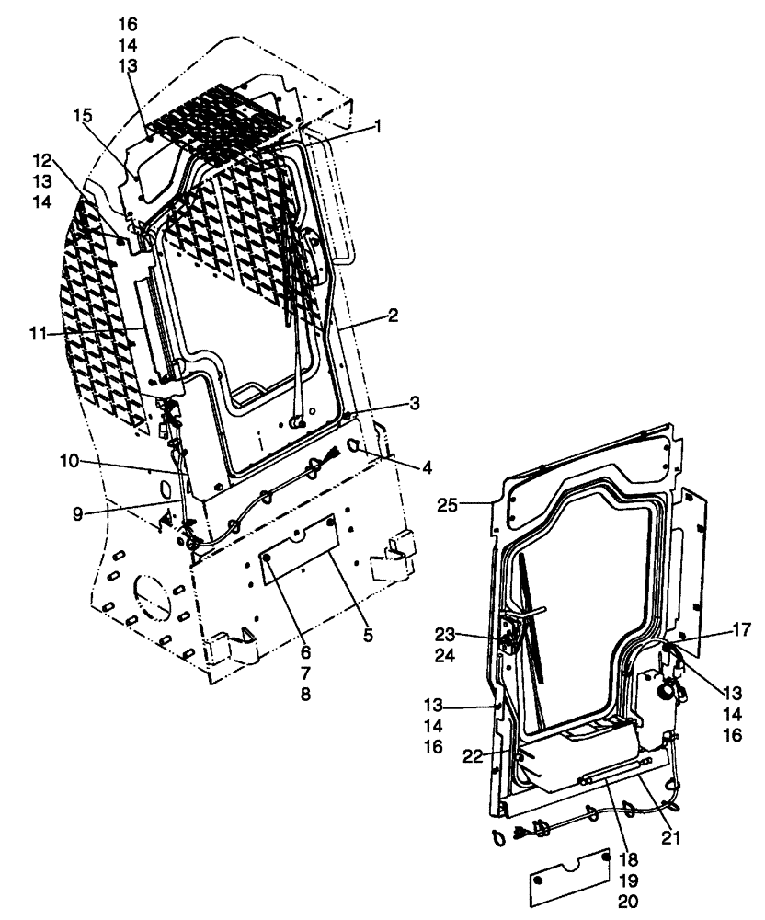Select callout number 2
click(393, 316)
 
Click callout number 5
click(367, 634)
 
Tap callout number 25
click(473, 505)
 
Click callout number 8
click(304, 694)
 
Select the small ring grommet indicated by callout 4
click(356, 447)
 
